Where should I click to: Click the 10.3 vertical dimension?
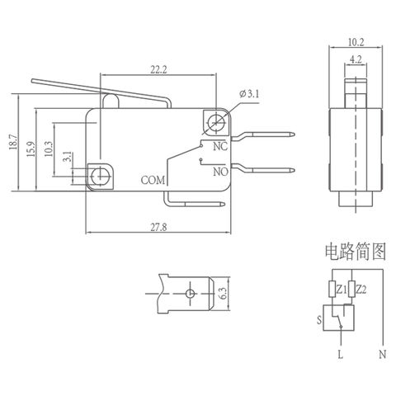49,152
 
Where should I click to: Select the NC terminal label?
220,147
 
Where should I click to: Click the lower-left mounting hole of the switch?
101,174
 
